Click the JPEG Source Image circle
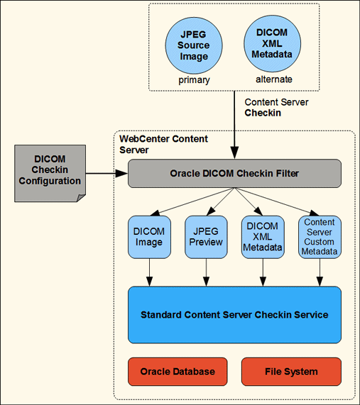[194, 45]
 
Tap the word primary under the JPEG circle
[194, 80]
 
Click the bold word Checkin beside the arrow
[263, 113]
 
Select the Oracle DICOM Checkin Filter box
[234, 174]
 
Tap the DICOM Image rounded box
[149, 237]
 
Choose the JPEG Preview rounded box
[206, 237]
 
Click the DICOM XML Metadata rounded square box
[263, 237]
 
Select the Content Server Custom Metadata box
[320, 237]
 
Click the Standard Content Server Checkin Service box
[234, 314]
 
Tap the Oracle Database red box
[178, 372]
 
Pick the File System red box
[291, 372]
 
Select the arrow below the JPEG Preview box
[206, 272]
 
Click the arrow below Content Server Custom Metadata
[320, 272]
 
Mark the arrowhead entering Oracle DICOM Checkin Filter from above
[234, 154]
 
